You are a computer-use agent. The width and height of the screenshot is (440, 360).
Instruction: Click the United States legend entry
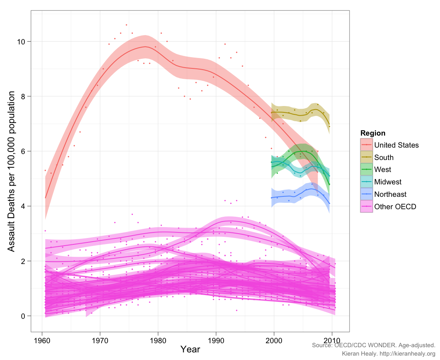tap(396, 145)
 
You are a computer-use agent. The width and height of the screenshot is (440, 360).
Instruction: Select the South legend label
tap(384, 157)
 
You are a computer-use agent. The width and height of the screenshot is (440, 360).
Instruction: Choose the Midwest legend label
tap(388, 182)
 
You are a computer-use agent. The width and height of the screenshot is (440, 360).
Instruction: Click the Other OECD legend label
tap(395, 207)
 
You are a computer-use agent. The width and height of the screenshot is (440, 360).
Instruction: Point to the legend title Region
tap(373, 133)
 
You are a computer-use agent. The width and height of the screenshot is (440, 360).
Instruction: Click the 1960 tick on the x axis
tap(42, 340)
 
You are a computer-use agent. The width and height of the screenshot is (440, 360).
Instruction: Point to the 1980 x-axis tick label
tap(158, 340)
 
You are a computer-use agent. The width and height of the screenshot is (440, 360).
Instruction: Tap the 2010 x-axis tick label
tap(332, 340)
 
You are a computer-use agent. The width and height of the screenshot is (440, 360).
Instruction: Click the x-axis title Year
tap(190, 349)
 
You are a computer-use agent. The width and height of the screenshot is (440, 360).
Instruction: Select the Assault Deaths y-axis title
tap(12, 171)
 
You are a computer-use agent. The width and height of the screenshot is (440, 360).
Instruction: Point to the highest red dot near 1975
tap(126, 25)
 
